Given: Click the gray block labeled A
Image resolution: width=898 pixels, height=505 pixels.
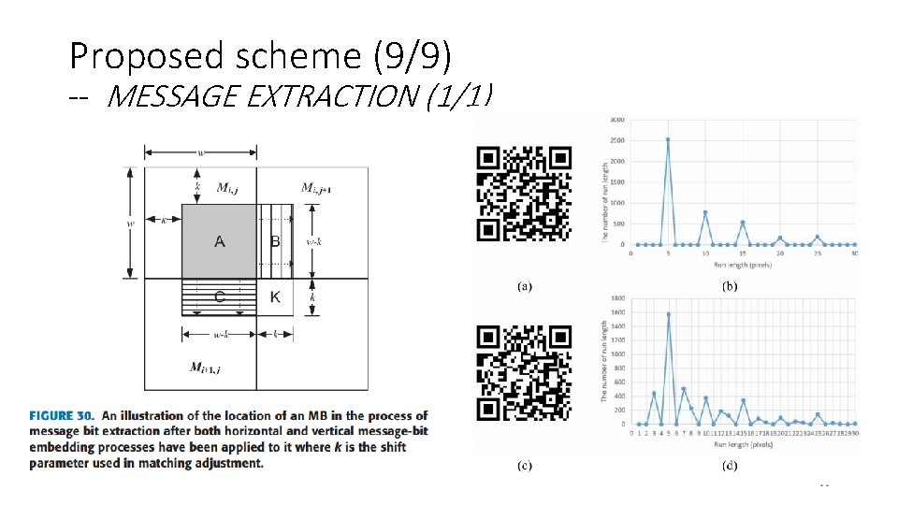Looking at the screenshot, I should click(219, 241).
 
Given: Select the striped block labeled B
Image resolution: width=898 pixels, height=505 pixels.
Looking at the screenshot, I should click(275, 241).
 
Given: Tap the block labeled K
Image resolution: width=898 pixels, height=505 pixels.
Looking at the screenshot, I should click(275, 297).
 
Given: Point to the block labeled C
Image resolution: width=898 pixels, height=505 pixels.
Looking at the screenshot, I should click(219, 297).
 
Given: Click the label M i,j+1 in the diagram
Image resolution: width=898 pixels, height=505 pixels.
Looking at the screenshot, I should click(316, 188).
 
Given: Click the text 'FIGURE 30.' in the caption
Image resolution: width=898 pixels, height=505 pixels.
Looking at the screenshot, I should click(61, 416).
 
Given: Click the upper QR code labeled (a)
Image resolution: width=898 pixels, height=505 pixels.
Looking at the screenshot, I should click(524, 195).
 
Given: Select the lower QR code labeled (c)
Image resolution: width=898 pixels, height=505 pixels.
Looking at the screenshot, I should click(524, 373).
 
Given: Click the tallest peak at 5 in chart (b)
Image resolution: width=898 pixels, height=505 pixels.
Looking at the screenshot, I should click(668, 139).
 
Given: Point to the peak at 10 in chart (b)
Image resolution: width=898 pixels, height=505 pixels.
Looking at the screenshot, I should click(705, 212).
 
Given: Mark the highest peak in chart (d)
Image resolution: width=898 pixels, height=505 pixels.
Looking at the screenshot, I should click(669, 314).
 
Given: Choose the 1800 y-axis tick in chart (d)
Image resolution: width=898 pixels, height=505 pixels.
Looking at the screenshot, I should click(618, 300).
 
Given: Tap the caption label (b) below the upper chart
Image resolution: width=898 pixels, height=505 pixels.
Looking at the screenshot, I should click(729, 286).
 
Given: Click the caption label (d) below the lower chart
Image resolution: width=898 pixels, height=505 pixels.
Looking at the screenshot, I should click(729, 465).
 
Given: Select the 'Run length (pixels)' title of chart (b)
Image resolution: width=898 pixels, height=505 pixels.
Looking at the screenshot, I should click(743, 264).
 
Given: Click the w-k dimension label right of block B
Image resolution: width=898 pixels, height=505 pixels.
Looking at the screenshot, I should click(315, 240).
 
